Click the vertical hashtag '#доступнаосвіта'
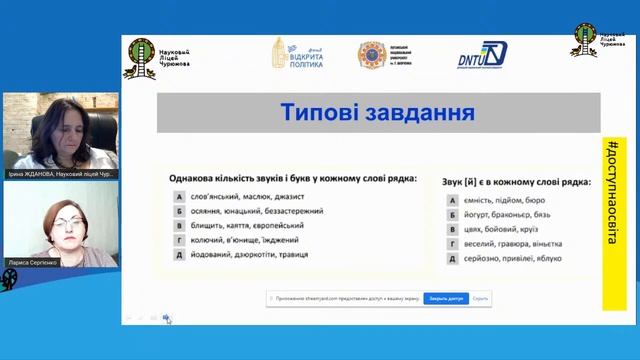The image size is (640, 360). (x=611, y=199)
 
